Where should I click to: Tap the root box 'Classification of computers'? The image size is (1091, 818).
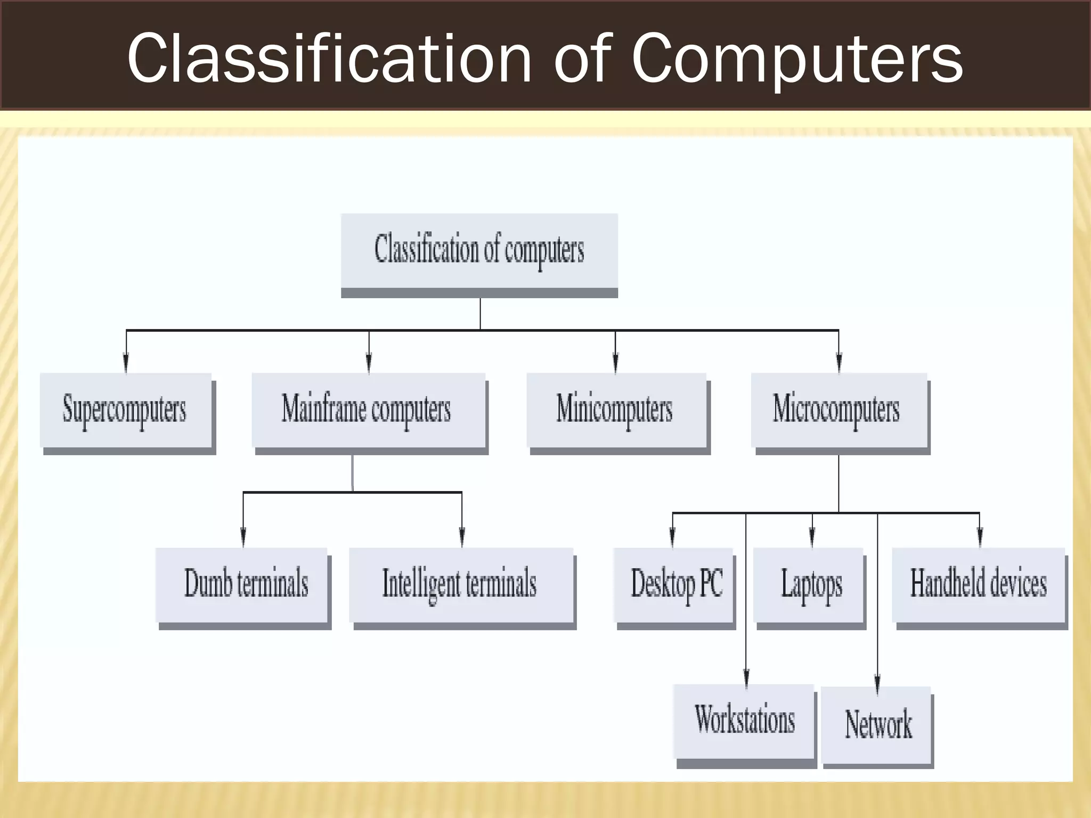(x=479, y=250)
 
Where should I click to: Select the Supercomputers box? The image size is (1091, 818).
(x=126, y=410)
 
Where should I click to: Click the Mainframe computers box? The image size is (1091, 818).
(x=368, y=410)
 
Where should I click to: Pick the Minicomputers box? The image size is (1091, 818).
(x=616, y=410)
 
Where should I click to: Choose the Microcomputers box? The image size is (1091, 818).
(x=838, y=410)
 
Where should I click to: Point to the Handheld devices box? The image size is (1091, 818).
(x=979, y=584)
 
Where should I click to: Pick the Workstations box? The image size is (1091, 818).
(x=744, y=721)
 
